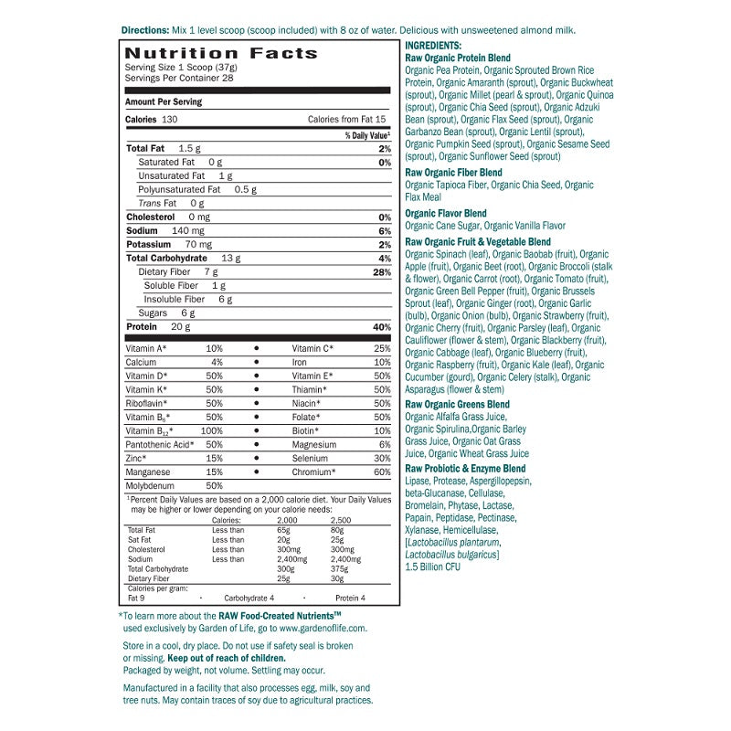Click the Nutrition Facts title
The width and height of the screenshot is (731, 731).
(221, 53)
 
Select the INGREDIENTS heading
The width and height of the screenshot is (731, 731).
(433, 46)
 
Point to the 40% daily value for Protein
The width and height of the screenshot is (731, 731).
(382, 327)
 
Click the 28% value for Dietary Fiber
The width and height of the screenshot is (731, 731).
(382, 272)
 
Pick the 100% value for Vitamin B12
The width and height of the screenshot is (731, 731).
(212, 430)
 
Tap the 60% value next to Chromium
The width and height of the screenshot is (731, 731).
(382, 471)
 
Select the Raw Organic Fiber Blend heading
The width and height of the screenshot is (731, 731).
(453, 173)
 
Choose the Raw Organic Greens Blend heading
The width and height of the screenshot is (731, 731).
(457, 404)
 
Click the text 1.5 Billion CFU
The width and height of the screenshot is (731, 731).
(433, 567)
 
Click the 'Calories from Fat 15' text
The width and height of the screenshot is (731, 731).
(347, 120)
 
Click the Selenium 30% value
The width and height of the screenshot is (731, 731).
(382, 458)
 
